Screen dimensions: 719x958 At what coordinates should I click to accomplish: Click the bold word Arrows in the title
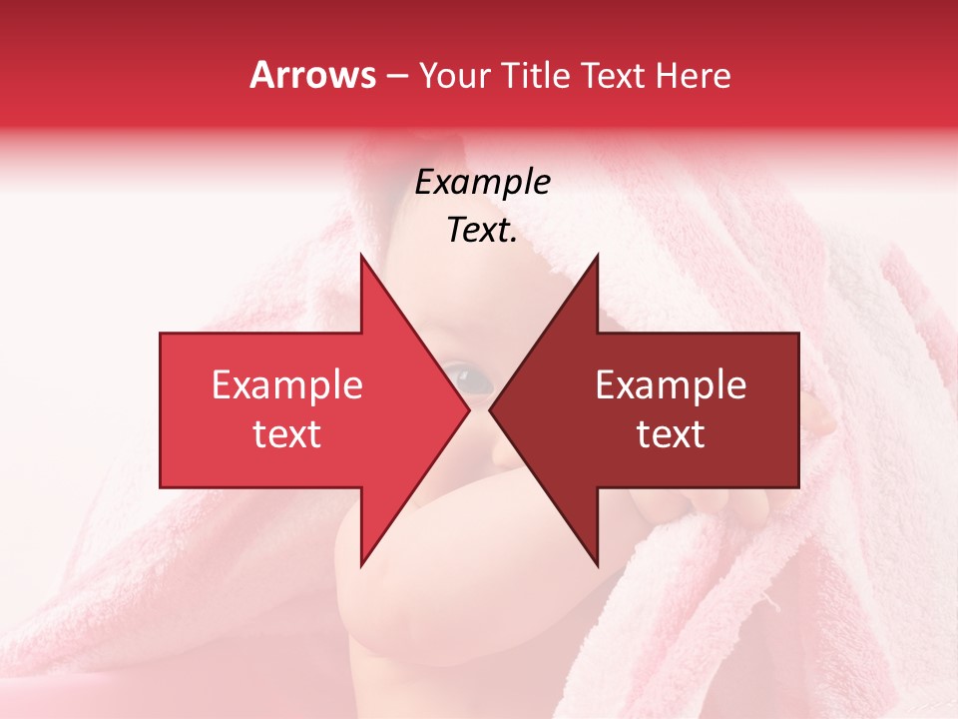(x=313, y=75)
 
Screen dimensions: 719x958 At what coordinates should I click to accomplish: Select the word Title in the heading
(x=536, y=75)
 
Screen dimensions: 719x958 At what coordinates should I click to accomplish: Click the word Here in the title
(x=693, y=75)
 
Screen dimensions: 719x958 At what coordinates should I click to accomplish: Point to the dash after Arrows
(x=397, y=76)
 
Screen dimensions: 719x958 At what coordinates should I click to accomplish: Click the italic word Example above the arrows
(x=482, y=182)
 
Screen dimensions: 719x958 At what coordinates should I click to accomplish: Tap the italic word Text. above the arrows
(x=482, y=230)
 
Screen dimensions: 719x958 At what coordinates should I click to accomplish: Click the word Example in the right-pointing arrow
(x=287, y=384)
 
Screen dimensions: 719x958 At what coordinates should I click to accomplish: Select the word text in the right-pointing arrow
(x=287, y=433)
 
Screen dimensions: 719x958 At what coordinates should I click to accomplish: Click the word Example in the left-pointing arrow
(x=671, y=384)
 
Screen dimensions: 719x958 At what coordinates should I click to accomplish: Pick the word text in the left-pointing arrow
(x=671, y=433)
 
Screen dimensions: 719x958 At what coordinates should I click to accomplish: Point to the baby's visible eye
(x=468, y=377)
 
